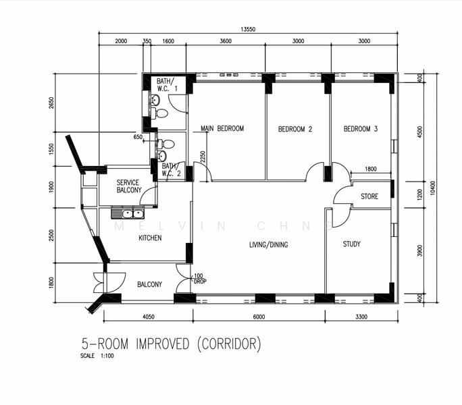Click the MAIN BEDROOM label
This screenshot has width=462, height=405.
pyautogui.click(x=222, y=128)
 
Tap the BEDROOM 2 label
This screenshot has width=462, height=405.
pyautogui.click(x=295, y=129)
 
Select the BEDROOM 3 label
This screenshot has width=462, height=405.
pyautogui.click(x=361, y=129)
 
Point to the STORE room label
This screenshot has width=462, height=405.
pyautogui.click(x=369, y=196)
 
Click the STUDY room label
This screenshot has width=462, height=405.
pyautogui.click(x=352, y=244)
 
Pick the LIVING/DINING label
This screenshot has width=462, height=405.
pyautogui.click(x=268, y=244)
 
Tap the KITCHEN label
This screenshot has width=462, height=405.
pyautogui.click(x=150, y=238)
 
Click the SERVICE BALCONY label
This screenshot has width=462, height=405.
pyautogui.click(x=129, y=186)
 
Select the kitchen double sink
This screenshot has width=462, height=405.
pyautogui.click(x=128, y=213)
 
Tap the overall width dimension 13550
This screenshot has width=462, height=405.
pyautogui.click(x=248, y=29)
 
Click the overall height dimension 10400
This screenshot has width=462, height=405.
pyautogui.click(x=432, y=188)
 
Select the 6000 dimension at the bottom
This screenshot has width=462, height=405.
pyautogui.click(x=259, y=317)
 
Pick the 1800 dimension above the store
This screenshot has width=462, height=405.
pyautogui.click(x=371, y=169)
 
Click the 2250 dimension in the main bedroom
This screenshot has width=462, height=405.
pyautogui.click(x=203, y=157)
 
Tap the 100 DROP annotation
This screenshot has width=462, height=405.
pyautogui.click(x=200, y=279)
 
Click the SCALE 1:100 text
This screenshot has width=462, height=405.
pyautogui.click(x=97, y=356)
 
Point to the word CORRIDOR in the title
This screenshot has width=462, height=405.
pyautogui.click(x=229, y=344)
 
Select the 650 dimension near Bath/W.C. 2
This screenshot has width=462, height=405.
pyautogui.click(x=138, y=137)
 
